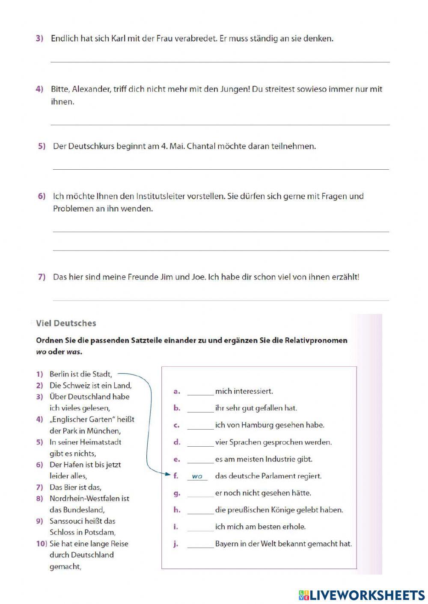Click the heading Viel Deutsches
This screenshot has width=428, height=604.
pos(66,323)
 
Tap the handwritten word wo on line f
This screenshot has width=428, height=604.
pos(197,476)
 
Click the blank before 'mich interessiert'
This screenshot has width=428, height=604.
pos(200,392)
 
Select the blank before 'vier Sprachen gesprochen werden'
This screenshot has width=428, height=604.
pos(200,442)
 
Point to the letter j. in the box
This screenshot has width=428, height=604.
pos(175,544)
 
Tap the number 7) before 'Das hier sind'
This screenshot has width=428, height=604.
pos(42,277)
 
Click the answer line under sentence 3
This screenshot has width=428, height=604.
pos(220,62)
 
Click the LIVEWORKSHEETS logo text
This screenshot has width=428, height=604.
pos(367,595)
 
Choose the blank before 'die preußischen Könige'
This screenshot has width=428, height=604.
pos(200,510)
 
